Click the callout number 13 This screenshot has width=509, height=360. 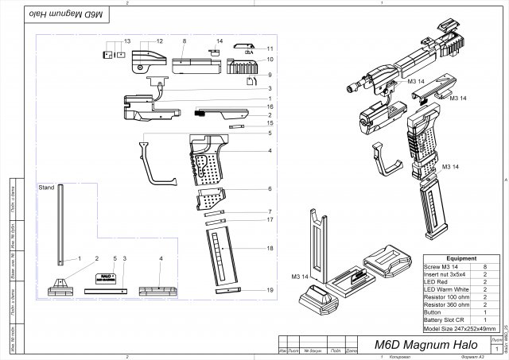click(125, 40)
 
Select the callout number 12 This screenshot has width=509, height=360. click(158, 40)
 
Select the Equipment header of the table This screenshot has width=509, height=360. click(461, 258)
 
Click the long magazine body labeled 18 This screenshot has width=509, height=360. click(223, 254)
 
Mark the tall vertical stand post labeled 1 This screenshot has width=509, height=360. click(60, 230)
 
